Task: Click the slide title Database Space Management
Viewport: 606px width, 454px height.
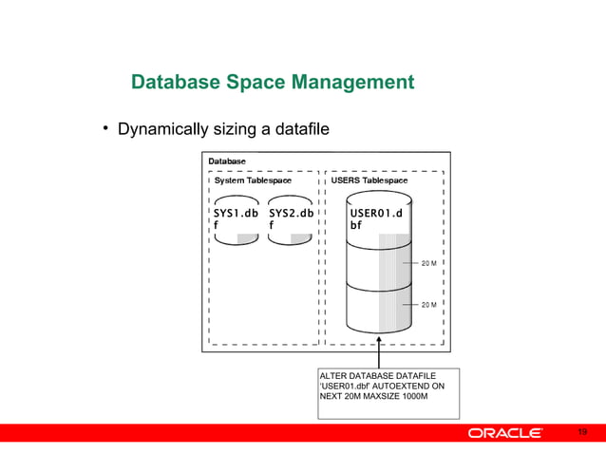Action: (273, 83)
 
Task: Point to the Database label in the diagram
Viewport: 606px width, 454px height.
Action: (227, 161)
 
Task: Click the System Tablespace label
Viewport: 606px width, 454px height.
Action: (253, 180)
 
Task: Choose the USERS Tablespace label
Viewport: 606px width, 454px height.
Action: (369, 180)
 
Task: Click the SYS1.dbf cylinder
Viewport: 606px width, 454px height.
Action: (236, 219)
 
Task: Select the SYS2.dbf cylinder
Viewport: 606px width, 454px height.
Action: (291, 219)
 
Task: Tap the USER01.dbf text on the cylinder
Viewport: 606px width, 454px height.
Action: (376, 219)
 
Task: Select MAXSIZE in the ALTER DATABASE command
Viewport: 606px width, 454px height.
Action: (380, 398)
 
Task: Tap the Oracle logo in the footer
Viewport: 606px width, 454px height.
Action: (504, 433)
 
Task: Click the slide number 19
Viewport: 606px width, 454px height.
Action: (583, 432)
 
